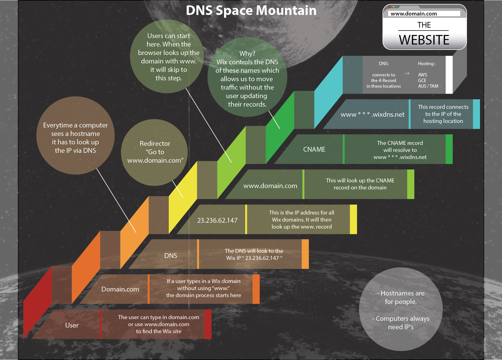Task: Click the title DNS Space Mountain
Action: pos(251,11)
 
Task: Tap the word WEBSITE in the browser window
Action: pos(424,40)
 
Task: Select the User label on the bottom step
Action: pos(72,325)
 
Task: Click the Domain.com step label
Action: pos(120,289)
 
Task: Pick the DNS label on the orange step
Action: pos(171,256)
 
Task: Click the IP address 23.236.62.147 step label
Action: pos(217,220)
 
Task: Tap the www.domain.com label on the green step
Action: pos(270,186)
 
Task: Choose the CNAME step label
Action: pos(314,149)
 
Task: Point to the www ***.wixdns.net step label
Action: pos(372,114)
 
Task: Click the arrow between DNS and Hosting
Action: pos(407,74)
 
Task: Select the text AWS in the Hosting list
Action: pos(422,75)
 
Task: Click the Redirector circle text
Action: pos(155,152)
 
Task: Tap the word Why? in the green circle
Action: pos(247,54)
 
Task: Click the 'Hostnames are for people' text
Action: pos(401,297)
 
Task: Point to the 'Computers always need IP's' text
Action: pos(401,323)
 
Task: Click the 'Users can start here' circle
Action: pos(168,57)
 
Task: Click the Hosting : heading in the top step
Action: pos(427,64)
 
